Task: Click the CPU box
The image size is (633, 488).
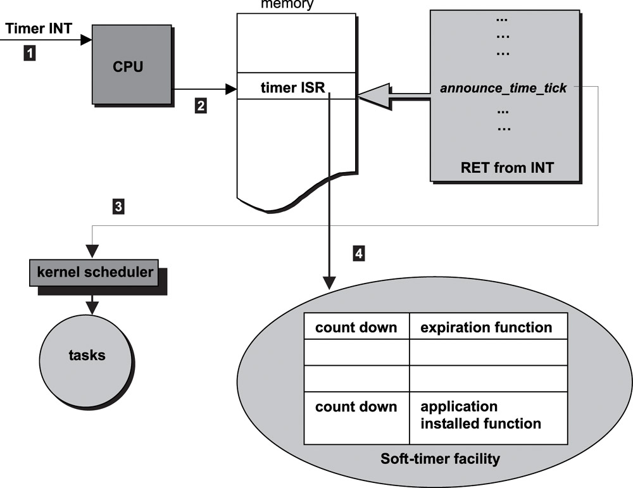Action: point(132,65)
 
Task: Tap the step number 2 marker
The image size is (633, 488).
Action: point(200,106)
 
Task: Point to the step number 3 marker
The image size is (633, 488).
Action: point(118,205)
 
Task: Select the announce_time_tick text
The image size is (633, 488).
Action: point(503,88)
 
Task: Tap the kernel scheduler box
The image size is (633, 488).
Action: point(93,273)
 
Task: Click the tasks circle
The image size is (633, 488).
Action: point(87,355)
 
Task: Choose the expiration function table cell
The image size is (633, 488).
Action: point(486,327)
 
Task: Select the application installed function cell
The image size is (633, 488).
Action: point(481,415)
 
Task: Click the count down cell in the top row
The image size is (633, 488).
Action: point(356,327)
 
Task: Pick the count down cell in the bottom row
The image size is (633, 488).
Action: point(356,407)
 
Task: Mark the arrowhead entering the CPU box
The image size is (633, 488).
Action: point(87,40)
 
